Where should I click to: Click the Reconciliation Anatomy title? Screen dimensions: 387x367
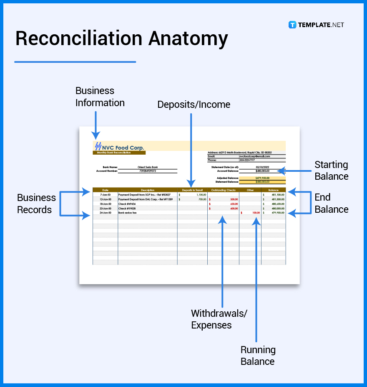(x=121, y=38)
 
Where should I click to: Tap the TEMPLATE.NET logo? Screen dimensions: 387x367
(x=316, y=25)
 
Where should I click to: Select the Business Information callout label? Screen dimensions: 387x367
(x=100, y=97)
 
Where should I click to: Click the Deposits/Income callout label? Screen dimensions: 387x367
(x=194, y=104)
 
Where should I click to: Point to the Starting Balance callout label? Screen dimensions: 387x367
(x=331, y=170)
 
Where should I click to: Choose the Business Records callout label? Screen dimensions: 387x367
(x=36, y=204)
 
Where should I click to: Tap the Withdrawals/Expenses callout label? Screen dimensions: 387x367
(x=219, y=319)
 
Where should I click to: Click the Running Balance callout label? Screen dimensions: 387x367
(x=258, y=356)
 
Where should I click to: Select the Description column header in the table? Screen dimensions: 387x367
(x=148, y=190)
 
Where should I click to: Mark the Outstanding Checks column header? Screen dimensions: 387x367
(x=223, y=190)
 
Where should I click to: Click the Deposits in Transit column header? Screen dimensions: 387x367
(x=192, y=190)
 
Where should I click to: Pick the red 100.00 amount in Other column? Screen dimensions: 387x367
(x=256, y=213)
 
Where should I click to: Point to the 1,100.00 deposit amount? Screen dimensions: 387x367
(x=201, y=195)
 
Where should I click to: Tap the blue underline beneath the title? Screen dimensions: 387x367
(x=75, y=62)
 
